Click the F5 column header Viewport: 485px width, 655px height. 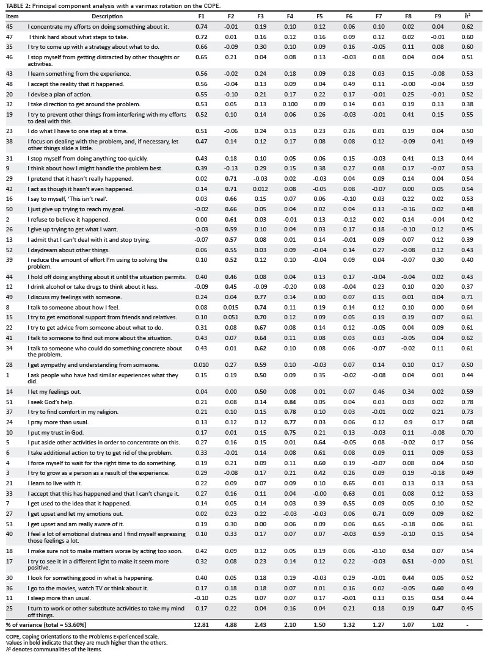point(320,16)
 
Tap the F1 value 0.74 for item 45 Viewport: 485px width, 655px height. point(202,27)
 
